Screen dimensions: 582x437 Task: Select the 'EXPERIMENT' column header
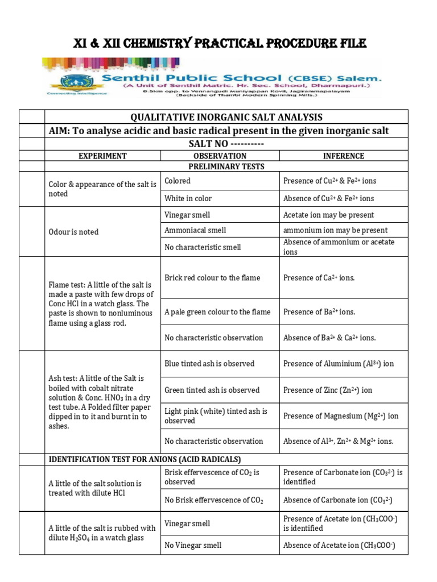coord(102,156)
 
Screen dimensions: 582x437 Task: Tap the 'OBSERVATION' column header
coord(220,156)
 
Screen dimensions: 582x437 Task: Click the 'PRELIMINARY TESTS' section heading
coord(226,167)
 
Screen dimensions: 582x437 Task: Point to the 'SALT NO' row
coord(226,144)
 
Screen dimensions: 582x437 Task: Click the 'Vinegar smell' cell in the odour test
coord(187,215)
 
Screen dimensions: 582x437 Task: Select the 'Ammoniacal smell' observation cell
coord(195,230)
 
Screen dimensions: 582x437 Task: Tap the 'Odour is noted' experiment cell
coord(73,232)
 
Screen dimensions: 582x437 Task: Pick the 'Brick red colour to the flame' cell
coord(212,278)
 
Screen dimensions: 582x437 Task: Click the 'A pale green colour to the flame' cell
coord(217,312)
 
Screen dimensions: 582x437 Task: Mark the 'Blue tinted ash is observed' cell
coord(209,364)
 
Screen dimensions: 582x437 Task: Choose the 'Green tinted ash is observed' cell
coord(212,390)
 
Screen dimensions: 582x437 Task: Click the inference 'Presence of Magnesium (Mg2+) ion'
coord(341,416)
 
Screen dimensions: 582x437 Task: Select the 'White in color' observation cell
coord(188,198)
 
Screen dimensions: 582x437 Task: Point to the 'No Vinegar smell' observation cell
coord(193,545)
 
